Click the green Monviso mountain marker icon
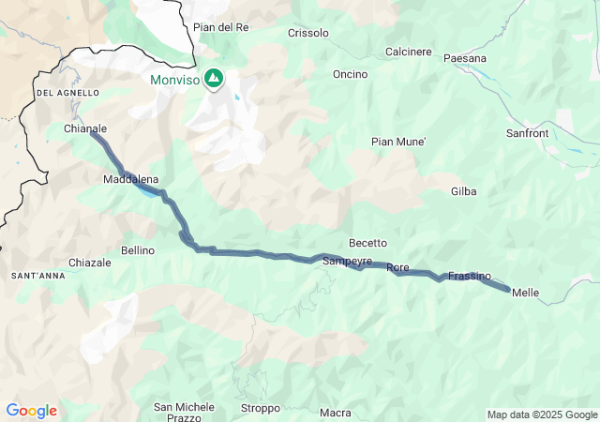point(214,78)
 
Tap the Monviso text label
point(175,81)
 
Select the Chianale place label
point(85,128)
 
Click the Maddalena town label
point(131,178)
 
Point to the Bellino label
point(138,250)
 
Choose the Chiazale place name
point(90,263)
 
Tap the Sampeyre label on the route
point(347,261)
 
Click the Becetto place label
point(367,243)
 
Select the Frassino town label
point(470,276)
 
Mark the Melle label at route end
point(526,293)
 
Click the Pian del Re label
point(221,27)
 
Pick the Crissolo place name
point(309,33)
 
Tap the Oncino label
point(350,74)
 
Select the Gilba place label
point(463,191)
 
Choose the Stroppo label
point(260,408)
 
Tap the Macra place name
point(335,413)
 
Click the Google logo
point(31,411)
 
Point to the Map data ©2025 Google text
point(541,414)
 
